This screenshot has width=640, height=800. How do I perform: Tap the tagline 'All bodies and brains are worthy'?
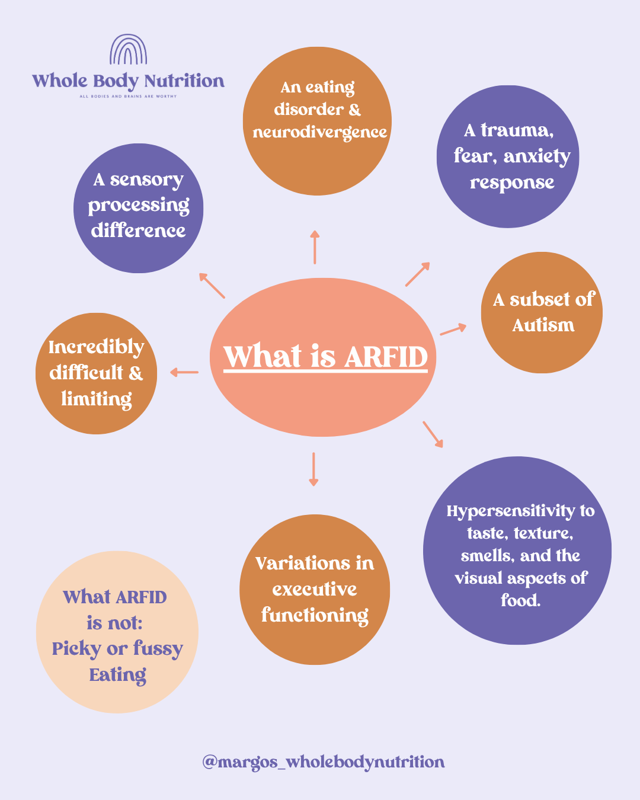tap(128, 96)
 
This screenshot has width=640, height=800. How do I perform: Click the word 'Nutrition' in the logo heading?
tap(184, 81)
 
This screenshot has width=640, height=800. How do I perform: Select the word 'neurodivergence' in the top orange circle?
tap(320, 133)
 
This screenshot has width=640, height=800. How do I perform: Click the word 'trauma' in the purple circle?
tap(517, 131)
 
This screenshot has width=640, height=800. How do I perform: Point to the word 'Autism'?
tap(543, 325)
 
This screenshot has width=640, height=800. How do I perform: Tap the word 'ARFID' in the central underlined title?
tap(386, 357)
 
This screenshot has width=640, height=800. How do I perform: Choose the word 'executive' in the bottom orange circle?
tap(315, 589)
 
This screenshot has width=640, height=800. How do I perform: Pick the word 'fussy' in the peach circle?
tap(158, 649)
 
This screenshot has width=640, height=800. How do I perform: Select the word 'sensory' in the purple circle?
tap(146, 180)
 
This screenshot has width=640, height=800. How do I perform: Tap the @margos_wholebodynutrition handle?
tap(324, 761)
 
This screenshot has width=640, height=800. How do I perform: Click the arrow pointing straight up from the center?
tap(315, 247)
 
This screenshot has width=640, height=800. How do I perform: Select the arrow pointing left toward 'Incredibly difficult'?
tap(184, 372)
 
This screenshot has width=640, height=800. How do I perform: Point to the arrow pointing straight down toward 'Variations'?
tap(313, 469)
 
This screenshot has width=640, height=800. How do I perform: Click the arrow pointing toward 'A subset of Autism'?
tap(453, 329)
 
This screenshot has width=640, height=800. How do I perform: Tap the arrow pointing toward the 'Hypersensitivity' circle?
tap(433, 434)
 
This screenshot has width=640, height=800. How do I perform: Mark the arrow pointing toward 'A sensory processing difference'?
tap(212, 286)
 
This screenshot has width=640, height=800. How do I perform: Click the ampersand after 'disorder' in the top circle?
tap(355, 110)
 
